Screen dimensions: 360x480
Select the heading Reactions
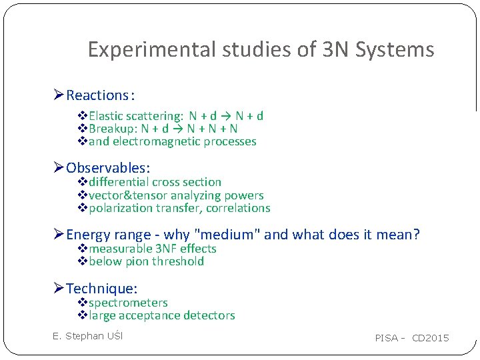[x=97, y=95]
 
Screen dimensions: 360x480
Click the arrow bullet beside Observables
[x=59, y=168]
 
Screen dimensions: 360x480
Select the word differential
[x=119, y=182]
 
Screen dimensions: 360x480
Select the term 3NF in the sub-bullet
[x=165, y=249]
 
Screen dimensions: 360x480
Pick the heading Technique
[x=101, y=289]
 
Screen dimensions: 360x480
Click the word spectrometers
[x=128, y=303]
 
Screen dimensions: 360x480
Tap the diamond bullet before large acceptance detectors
[x=83, y=315]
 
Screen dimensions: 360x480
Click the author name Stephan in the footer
[x=87, y=336]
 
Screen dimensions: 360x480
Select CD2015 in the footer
[x=431, y=338]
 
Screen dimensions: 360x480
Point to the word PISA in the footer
[x=387, y=338]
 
